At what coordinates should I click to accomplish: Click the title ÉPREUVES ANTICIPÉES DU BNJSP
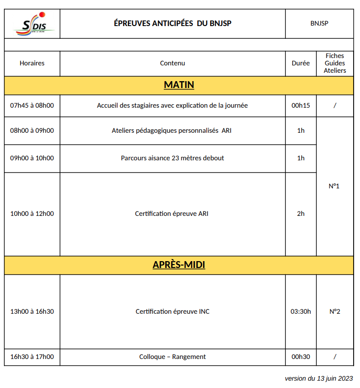point(172,24)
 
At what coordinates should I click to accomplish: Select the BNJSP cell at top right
point(319,24)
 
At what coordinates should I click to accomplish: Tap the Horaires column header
point(32,63)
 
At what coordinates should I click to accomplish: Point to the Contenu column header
point(173,63)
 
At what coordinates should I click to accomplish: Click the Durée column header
point(300,63)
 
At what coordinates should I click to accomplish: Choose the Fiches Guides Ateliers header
point(334,63)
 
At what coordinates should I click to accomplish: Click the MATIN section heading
point(179,85)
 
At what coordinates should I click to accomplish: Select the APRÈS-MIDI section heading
point(179,265)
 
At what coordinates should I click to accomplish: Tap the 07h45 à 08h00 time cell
point(32,105)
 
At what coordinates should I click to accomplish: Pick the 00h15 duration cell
point(300,105)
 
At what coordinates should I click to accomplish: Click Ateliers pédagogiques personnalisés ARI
point(172,131)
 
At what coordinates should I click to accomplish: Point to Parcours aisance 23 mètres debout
point(172,158)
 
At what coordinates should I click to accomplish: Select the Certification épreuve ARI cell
point(172,214)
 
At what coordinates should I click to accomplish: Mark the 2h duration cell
point(300,214)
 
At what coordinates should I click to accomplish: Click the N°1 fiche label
point(334,186)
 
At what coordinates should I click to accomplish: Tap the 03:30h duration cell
point(300,312)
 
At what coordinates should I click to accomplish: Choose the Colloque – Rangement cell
point(172,357)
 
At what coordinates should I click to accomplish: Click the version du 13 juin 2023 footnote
point(319,379)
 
